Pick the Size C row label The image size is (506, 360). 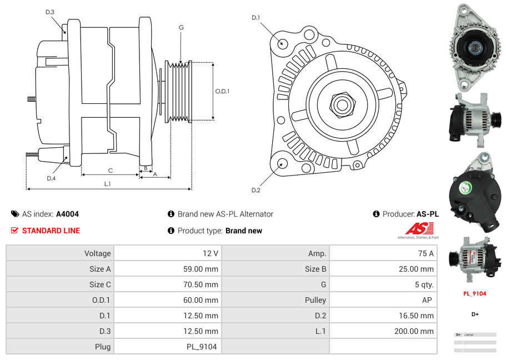pos(100,284)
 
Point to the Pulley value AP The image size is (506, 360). pos(428,300)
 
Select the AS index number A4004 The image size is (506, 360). pos(67,214)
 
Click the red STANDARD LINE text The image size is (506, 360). pos(51,231)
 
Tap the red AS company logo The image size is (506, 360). pos(419,228)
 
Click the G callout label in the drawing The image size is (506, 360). pos(181,28)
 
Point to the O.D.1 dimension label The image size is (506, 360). pos(222,92)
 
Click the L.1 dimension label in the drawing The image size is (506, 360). pos(108,183)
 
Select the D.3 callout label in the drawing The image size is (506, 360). pos(49,12)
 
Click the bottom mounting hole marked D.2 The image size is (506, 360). pos(282,163)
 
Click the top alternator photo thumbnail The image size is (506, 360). pos(475,47)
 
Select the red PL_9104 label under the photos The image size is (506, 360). pos(475,294)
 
